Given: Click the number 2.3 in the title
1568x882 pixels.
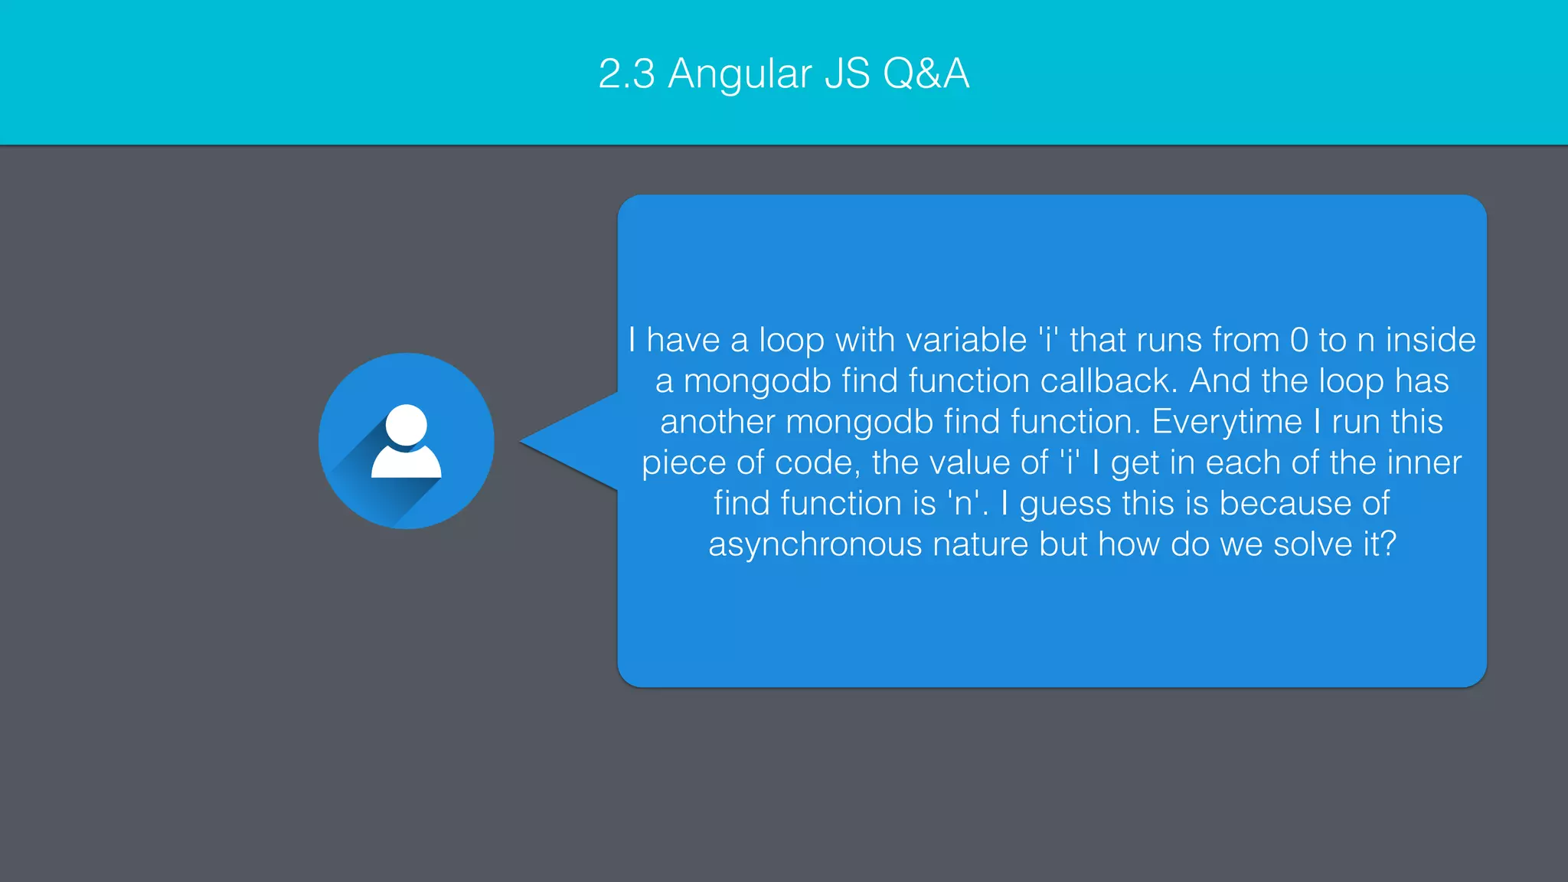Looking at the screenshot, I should coord(626,74).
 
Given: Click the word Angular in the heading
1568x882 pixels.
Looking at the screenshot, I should coord(740,75).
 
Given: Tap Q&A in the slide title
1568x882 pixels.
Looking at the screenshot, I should coord(926,74).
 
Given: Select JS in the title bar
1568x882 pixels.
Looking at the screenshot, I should coord(848,74).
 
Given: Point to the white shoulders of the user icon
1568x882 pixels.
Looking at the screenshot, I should coord(406,464).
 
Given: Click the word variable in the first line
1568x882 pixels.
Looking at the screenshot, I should coord(967,340).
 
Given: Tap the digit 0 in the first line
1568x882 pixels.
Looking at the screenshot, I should coord(1299,340).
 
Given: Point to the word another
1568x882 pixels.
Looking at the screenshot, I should coord(717,422).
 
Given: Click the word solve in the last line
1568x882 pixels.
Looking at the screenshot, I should coord(1313,544).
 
